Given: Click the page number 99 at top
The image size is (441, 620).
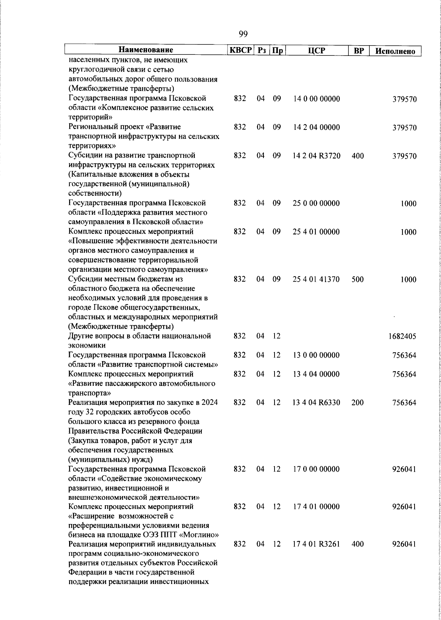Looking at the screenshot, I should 243,34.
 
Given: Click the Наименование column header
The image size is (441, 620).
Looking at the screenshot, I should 146,50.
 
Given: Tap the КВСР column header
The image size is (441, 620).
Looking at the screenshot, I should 240,50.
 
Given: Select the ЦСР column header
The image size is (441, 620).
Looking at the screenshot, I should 316,50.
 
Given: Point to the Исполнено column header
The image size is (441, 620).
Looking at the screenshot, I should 395,51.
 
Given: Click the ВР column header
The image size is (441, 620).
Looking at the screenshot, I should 358,51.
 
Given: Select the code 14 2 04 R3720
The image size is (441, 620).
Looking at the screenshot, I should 316,156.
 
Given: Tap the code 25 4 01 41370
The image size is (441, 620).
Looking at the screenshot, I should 316,279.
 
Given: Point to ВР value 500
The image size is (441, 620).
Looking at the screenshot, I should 358,279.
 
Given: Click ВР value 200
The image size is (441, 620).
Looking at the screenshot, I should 358,403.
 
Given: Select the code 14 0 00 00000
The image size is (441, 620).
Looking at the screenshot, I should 316,99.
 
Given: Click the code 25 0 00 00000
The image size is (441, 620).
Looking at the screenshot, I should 316,203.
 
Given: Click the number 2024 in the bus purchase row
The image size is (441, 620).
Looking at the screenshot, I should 209,403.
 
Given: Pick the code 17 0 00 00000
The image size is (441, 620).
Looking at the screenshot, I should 316,469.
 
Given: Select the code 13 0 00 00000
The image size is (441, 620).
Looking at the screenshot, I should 316,355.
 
